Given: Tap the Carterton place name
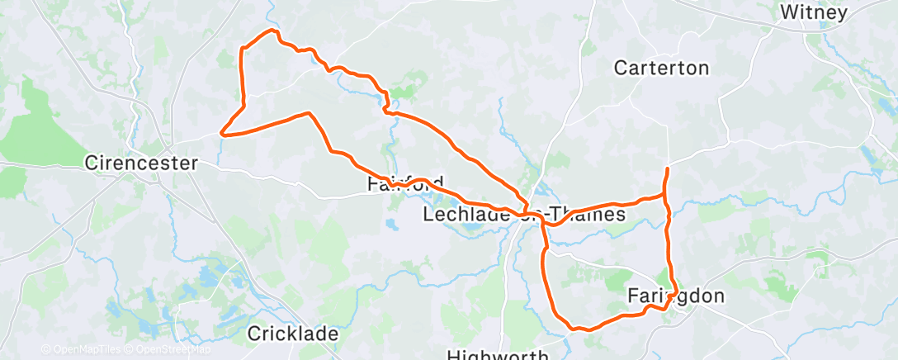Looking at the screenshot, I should click(x=661, y=69).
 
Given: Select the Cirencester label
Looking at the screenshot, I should click(x=141, y=163).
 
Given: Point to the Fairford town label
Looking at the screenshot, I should click(x=405, y=184).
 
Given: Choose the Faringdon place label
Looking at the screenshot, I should click(x=676, y=296).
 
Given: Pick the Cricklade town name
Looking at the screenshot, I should click(x=293, y=334).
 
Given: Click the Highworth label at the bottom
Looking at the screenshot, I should click(x=498, y=355).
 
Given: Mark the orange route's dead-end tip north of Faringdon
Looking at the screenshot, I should click(x=666, y=168).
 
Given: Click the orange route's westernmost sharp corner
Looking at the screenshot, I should click(x=221, y=131).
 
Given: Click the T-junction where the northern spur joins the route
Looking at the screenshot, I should click(x=664, y=196).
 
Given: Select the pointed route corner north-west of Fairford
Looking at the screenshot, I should click(x=310, y=113).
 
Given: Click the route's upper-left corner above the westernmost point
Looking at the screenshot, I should click(x=241, y=50).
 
